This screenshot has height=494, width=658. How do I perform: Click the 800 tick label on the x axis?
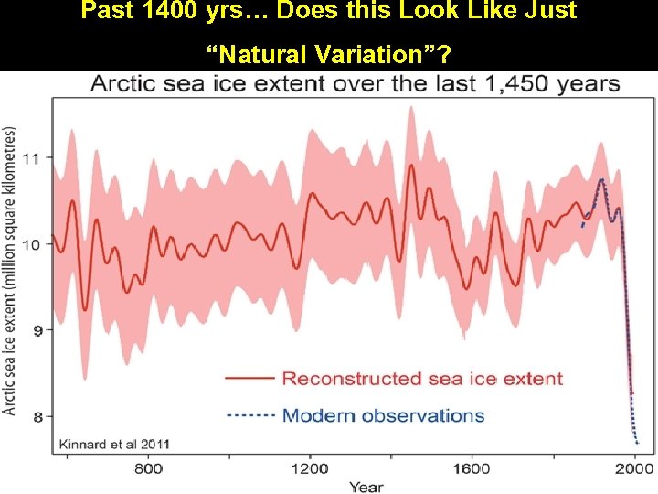(149, 468)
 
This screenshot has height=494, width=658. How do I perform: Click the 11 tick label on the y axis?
(31, 158)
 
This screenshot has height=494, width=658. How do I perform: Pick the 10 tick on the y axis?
(31, 244)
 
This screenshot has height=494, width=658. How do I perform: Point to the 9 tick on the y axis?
(36, 330)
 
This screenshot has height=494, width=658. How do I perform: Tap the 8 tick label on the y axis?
(36, 417)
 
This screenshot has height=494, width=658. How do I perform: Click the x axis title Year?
(366, 486)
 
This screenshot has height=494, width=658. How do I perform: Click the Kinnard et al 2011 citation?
(114, 444)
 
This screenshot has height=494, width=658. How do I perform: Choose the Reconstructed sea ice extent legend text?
(422, 378)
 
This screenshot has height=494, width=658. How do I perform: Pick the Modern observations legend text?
(383, 415)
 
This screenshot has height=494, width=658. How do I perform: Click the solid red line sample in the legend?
(249, 378)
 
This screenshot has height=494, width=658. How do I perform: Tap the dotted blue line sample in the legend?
(249, 415)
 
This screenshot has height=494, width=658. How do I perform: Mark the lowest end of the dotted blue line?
(637, 444)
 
